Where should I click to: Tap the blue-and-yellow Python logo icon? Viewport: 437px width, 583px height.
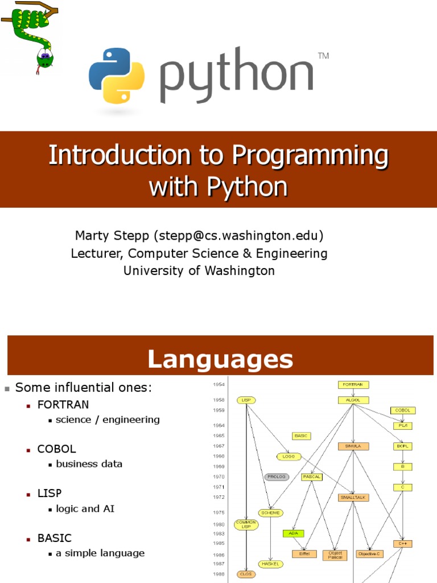(117, 75)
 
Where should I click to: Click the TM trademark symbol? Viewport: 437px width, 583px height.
(323, 56)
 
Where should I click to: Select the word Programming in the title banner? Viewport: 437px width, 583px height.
(311, 155)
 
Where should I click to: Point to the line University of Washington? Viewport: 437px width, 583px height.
(199, 270)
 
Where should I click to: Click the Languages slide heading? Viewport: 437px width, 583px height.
(220, 359)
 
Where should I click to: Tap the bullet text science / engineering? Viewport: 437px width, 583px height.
(108, 420)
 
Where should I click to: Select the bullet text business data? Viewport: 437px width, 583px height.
(89, 463)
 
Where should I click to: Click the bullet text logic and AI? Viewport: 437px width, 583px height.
(85, 508)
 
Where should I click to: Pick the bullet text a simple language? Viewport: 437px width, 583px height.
(100, 553)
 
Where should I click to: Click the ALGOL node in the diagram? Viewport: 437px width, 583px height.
(353, 400)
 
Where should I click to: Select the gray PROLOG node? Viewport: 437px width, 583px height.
(277, 477)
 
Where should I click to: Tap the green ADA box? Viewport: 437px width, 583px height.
(294, 533)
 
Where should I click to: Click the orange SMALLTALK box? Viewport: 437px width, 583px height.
(354, 497)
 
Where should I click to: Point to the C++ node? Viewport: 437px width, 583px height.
(403, 544)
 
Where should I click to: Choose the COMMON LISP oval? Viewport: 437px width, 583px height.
(246, 524)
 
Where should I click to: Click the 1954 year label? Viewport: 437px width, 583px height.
(218, 385)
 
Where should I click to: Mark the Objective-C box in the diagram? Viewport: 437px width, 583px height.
(370, 553)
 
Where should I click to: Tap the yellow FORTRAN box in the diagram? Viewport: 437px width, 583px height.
(353, 385)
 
